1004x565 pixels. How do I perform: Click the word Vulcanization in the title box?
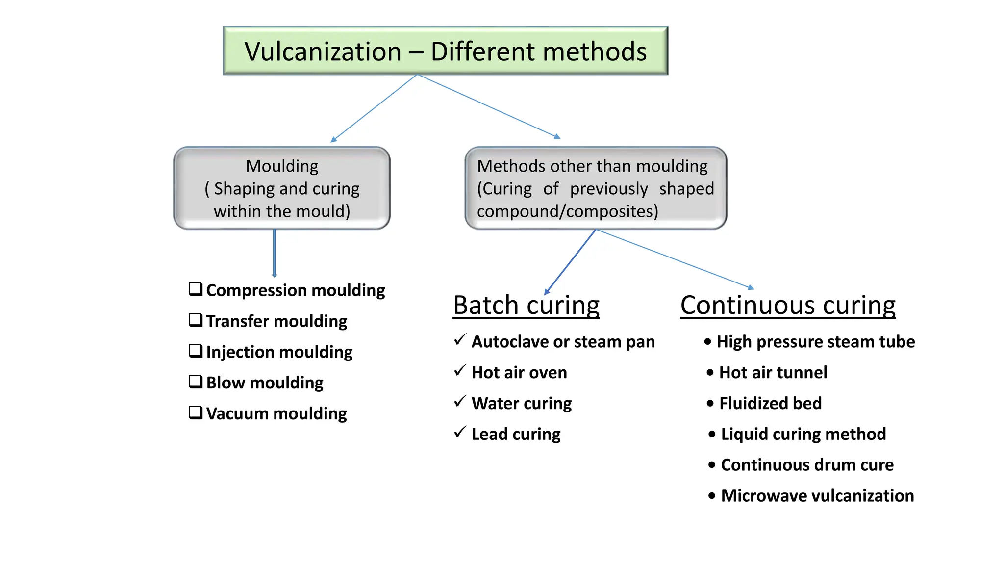click(323, 51)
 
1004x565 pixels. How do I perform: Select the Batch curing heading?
click(526, 305)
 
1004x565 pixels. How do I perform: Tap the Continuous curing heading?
click(788, 305)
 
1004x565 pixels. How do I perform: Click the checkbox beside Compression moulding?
click(196, 289)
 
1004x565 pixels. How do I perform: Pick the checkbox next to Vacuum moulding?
click(196, 412)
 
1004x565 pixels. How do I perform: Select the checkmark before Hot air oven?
click(460, 370)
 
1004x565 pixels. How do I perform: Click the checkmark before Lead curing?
click(460, 432)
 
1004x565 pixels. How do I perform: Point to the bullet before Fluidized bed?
click(710, 403)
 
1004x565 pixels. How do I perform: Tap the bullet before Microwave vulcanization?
click(712, 496)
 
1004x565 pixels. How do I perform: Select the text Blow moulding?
click(265, 383)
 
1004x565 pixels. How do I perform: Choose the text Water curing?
click(522, 404)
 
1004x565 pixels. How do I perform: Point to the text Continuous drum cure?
click(807, 465)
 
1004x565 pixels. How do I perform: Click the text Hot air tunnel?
click(773, 373)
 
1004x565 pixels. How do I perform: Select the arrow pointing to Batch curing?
click(570, 262)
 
